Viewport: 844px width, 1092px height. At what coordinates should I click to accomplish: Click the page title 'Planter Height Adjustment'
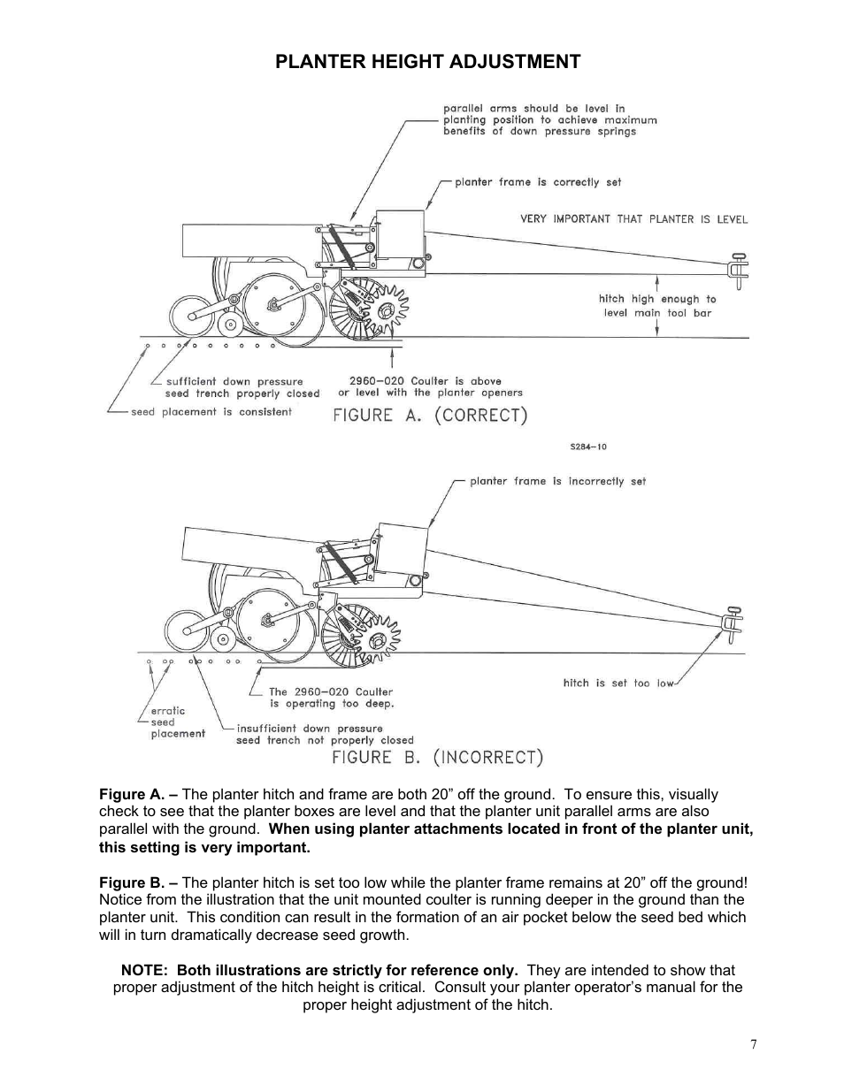(427, 61)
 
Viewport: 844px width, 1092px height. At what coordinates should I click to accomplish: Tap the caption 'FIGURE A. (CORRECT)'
(430, 416)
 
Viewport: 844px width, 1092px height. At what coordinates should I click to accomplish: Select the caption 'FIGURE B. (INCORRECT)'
(437, 758)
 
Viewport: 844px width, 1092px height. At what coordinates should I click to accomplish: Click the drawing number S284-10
(588, 447)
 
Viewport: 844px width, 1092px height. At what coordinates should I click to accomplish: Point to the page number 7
(753, 1044)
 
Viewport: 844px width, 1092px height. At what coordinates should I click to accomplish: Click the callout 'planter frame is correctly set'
(538, 182)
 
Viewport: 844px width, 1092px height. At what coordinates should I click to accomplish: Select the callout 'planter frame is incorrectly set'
(557, 482)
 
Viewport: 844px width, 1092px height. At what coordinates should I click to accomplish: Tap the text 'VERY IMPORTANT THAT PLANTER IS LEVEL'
(633, 219)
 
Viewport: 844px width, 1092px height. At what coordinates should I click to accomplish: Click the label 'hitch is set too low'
(618, 683)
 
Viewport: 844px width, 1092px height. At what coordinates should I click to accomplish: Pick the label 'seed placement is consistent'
(211, 412)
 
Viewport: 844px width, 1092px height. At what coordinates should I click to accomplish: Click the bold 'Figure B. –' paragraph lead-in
(138, 882)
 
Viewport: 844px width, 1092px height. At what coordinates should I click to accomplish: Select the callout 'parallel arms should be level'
(549, 120)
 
